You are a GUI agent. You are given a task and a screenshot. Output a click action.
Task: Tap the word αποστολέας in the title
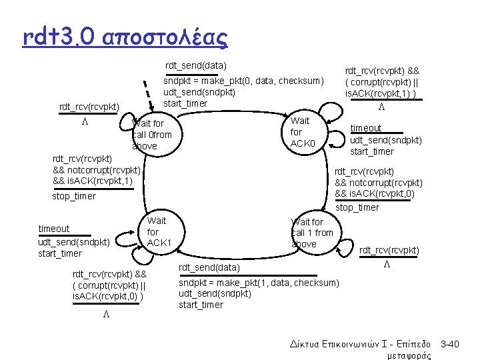pos(167,36)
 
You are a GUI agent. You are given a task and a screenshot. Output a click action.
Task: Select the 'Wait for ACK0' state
pos(301,132)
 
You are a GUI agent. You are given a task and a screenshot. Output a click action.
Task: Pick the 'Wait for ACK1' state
pos(157,231)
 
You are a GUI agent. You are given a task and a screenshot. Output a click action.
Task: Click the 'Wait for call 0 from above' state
pos(152,135)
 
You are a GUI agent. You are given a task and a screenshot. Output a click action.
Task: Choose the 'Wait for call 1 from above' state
pos(311,233)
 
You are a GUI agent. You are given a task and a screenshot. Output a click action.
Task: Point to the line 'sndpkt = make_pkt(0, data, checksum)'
pos(244,81)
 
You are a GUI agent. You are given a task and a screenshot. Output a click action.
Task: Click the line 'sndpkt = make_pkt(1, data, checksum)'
pos(259,283)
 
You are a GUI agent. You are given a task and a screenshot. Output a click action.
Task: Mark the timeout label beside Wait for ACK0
pos(366,128)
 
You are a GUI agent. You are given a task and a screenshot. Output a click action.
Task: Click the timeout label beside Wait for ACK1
pos(53,229)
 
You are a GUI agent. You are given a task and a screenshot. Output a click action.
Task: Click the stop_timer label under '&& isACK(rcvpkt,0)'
pos(357,207)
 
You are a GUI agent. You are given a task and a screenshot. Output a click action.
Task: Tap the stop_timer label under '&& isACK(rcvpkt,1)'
pos(74,196)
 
